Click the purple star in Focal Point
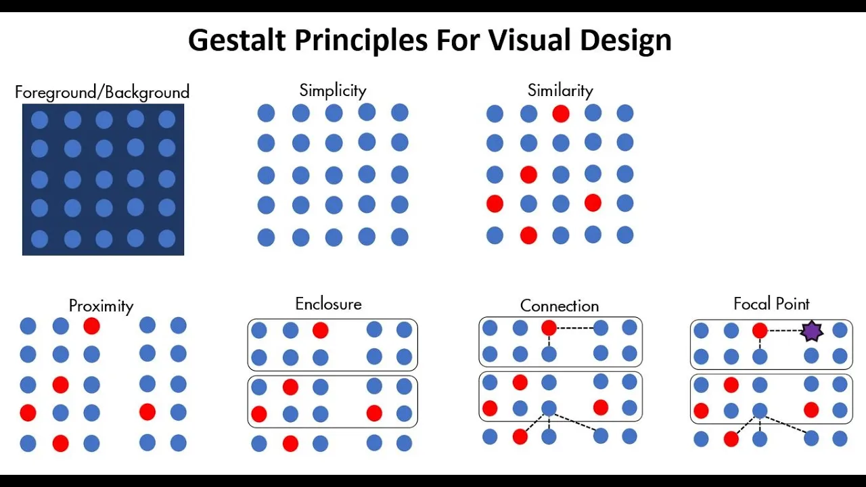click(811, 331)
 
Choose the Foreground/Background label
click(102, 92)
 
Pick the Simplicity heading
click(333, 91)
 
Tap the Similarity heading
click(560, 91)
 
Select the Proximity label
click(101, 306)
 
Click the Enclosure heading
click(328, 304)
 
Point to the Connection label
click(560, 306)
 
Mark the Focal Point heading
click(771, 304)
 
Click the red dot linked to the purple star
click(760, 331)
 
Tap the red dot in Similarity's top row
click(560, 114)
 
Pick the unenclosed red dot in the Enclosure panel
click(290, 444)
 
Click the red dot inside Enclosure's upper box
click(321, 330)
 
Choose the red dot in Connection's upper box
click(549, 328)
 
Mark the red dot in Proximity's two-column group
click(147, 412)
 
